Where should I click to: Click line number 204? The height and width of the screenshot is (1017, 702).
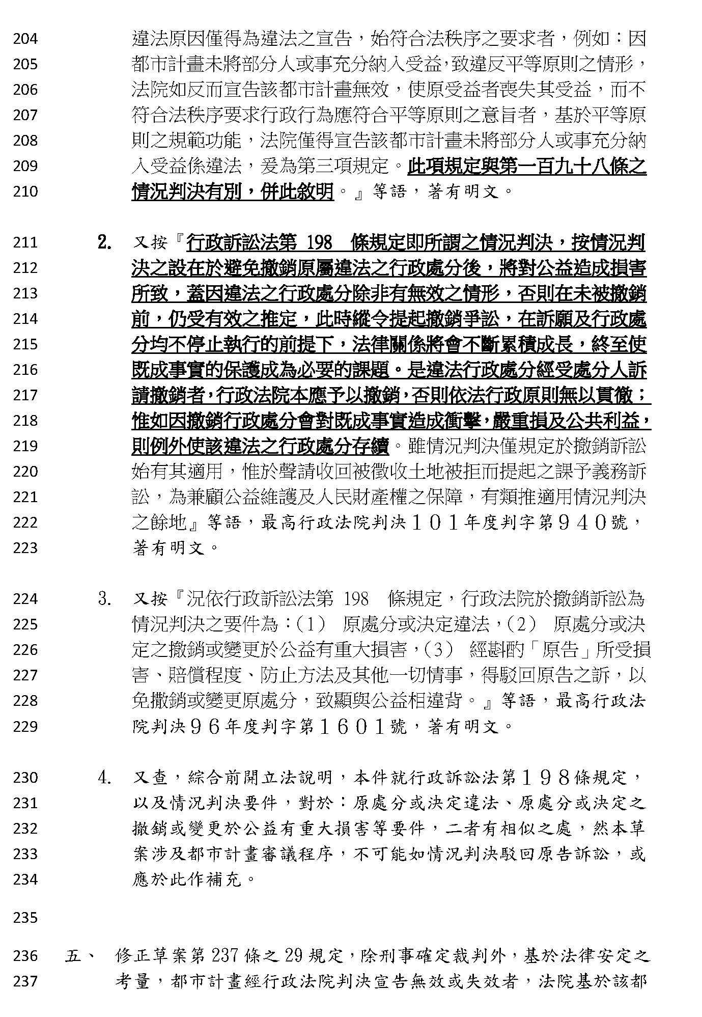click(25, 39)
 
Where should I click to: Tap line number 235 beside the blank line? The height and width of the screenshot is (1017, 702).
click(25, 918)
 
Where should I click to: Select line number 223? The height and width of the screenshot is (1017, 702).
click(25, 548)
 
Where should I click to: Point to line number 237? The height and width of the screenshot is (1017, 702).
click(25, 981)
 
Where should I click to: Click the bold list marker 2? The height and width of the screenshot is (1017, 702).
click(105, 243)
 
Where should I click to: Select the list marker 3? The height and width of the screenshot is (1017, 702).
click(105, 599)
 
